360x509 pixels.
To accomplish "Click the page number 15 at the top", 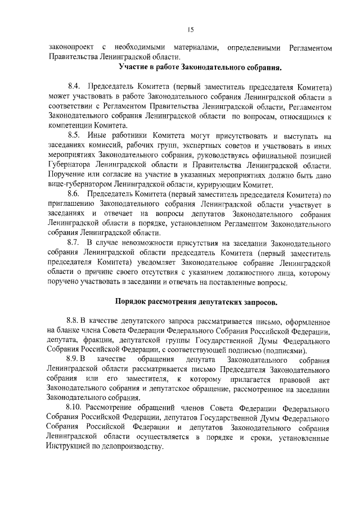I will click(x=190, y=30).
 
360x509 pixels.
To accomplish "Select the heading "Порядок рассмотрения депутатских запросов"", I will click(x=196, y=302).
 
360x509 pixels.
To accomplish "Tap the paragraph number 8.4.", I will click(x=75, y=87).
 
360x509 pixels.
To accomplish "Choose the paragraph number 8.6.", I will click(x=75, y=194).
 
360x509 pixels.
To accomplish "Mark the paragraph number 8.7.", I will click(x=75, y=243).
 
